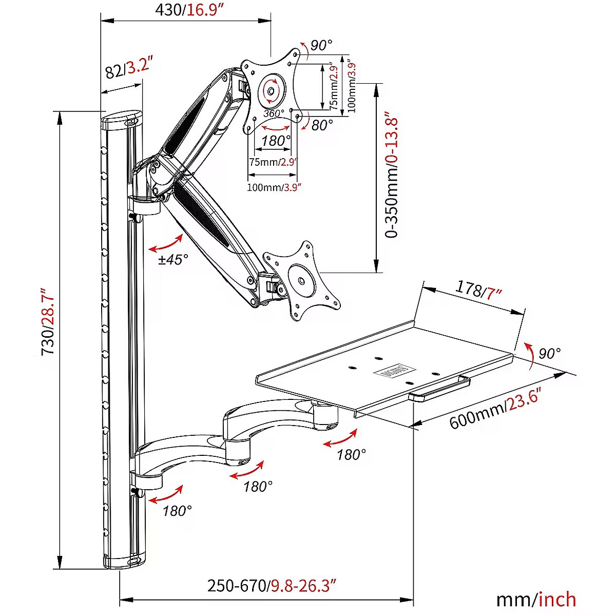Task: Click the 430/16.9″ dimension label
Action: click(x=189, y=10)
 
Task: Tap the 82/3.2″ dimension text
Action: click(x=128, y=68)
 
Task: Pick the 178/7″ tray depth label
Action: click(x=478, y=290)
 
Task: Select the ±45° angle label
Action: click(x=174, y=259)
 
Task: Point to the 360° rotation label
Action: click(x=274, y=113)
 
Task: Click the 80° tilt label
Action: click(x=322, y=125)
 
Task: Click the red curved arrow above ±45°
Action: click(x=166, y=243)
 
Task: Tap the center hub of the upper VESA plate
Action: click(x=271, y=92)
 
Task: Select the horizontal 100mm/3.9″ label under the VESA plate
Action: click(x=274, y=187)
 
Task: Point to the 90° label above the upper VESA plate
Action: click(x=321, y=45)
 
